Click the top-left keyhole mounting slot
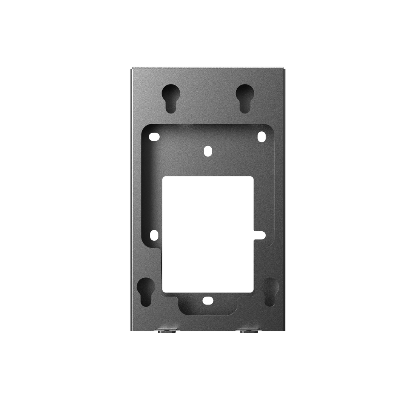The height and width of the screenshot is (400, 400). point(170,97)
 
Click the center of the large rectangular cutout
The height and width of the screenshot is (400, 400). point(208,234)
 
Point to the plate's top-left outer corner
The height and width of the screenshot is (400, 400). point(130,68)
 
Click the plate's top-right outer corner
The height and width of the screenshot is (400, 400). point(285,68)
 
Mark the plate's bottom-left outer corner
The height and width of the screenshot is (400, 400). point(130,331)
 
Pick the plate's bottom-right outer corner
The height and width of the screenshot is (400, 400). point(285,331)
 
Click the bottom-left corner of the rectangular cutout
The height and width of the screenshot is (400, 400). point(163,291)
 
